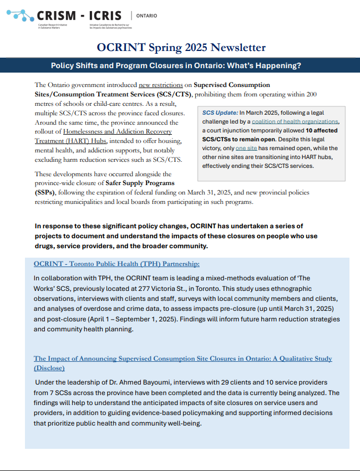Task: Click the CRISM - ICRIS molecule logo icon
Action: click(25, 17)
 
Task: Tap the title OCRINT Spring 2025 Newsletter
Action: click(181, 48)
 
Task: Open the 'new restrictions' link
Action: click(161, 85)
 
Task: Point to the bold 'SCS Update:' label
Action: click(220, 113)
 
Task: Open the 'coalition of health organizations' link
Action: click(295, 122)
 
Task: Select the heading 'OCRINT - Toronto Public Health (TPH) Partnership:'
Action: click(116, 264)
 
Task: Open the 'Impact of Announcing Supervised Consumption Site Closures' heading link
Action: click(182, 359)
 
